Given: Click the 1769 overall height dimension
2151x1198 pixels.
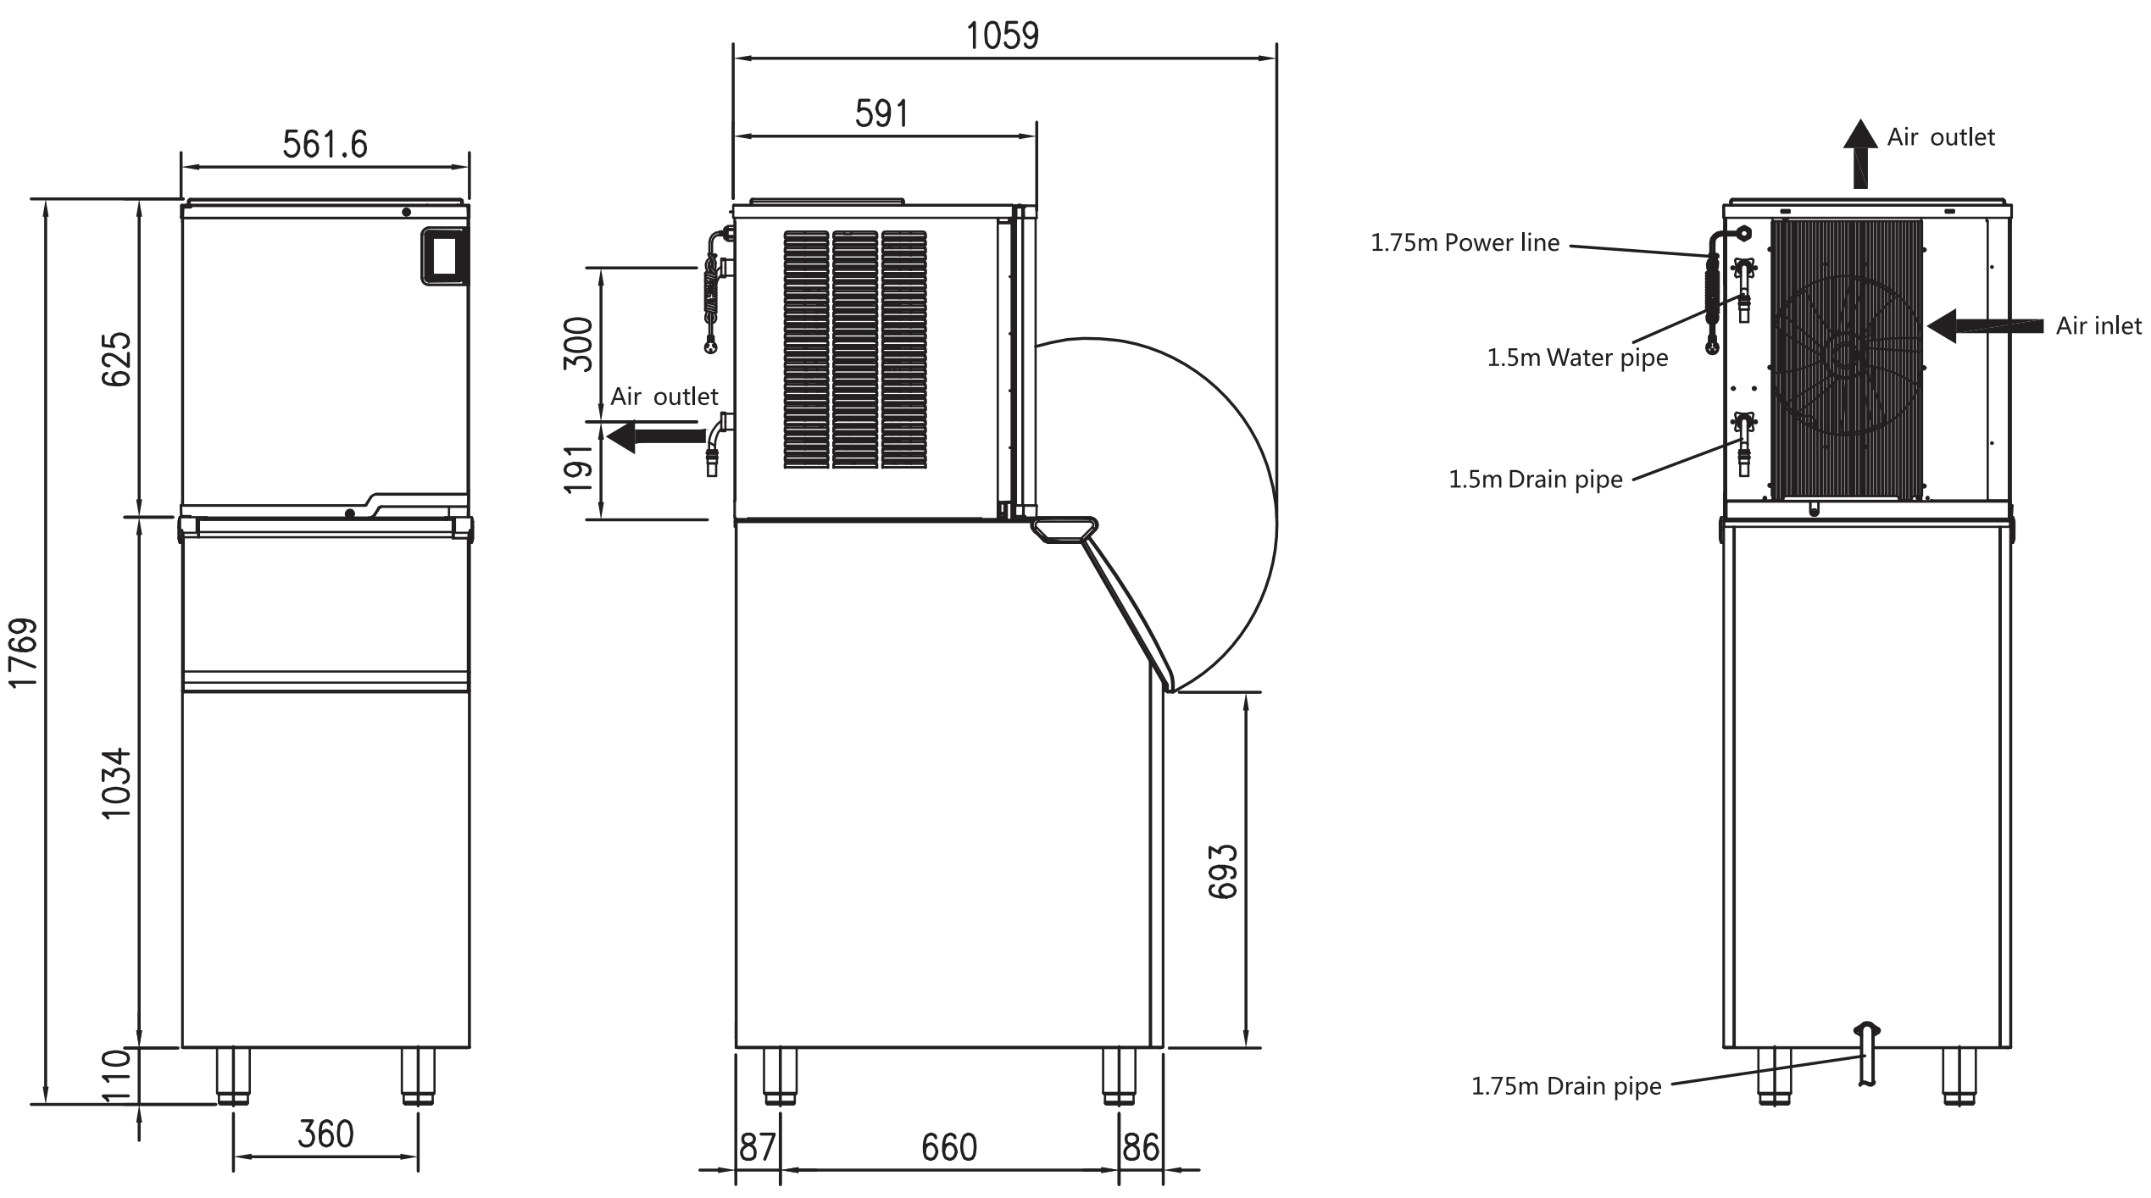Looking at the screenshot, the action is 22,652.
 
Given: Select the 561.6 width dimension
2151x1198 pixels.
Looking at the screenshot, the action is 325,144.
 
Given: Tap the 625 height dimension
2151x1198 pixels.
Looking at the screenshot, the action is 116,359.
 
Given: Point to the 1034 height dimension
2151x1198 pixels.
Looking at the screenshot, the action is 116,782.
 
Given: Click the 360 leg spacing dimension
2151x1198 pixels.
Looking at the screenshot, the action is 325,1134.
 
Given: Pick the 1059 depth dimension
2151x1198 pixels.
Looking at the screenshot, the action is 1003,36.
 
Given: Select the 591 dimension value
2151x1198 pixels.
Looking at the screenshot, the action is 881,114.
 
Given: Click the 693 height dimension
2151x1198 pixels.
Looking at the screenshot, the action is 1223,871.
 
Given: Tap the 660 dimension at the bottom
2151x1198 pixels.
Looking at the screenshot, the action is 949,1148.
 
